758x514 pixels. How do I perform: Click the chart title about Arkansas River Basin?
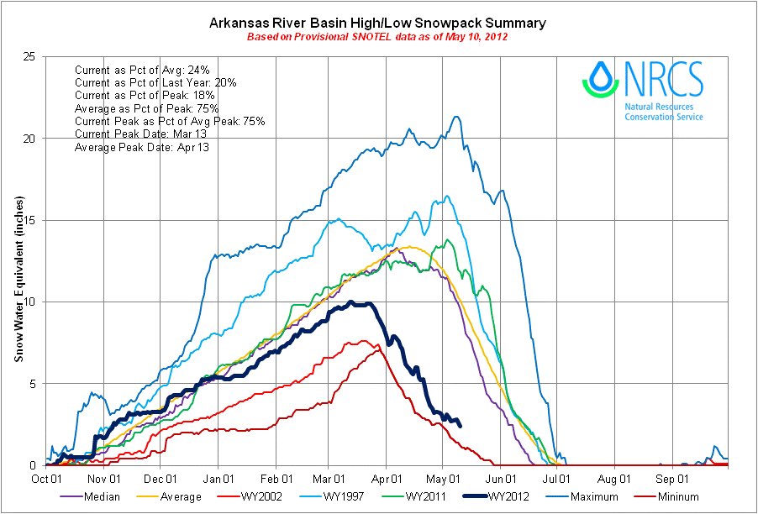click(377, 23)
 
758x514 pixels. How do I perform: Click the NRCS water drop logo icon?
click(600, 77)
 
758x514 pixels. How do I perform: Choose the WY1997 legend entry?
click(344, 497)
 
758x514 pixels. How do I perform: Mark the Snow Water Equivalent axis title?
click(18, 280)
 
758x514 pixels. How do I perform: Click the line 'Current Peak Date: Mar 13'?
click(142, 134)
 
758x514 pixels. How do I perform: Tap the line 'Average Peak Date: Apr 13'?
click(142, 147)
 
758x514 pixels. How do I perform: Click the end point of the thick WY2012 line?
click(460, 425)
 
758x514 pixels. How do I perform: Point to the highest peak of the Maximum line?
click(455, 117)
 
